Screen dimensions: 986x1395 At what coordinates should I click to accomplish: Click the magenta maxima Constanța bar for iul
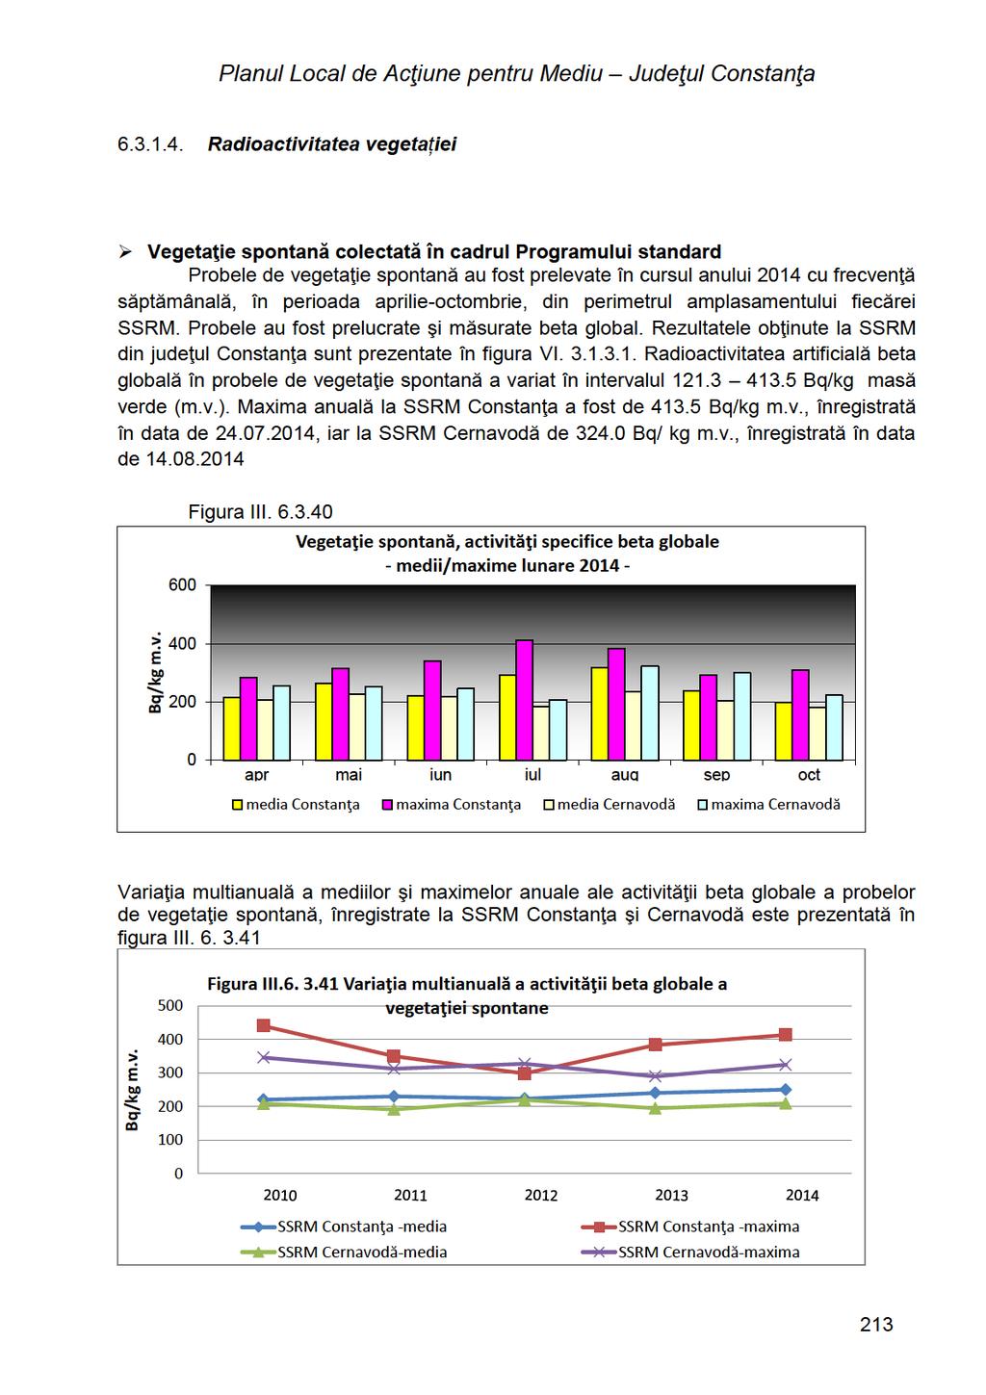point(525,700)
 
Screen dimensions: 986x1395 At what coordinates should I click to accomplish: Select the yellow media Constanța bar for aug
point(600,713)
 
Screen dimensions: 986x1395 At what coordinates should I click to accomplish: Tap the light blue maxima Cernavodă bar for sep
point(741,716)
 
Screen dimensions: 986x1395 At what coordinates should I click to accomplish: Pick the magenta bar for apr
point(248,718)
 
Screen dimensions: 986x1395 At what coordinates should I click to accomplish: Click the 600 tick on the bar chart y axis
point(182,585)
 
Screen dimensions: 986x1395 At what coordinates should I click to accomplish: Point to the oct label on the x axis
point(809,775)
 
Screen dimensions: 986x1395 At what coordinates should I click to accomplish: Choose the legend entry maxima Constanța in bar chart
point(452,805)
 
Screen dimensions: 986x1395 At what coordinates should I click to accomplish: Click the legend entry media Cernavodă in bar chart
point(610,805)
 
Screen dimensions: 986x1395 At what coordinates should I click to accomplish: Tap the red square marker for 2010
point(264,1025)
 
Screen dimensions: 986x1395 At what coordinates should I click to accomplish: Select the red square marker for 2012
point(525,1073)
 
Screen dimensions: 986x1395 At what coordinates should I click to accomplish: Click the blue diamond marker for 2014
point(786,1089)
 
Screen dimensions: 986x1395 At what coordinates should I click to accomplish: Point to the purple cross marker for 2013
point(655,1076)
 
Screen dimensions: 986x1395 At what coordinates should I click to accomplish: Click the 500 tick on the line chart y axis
point(170,1006)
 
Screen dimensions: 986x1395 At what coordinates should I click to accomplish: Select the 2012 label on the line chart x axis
point(540,1195)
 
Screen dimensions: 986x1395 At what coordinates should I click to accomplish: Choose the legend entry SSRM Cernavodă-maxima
point(690,1252)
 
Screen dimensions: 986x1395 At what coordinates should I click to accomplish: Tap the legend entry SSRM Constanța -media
point(344,1227)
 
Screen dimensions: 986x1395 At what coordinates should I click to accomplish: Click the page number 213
point(876,1324)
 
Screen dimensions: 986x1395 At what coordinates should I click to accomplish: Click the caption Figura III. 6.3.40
point(260,512)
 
